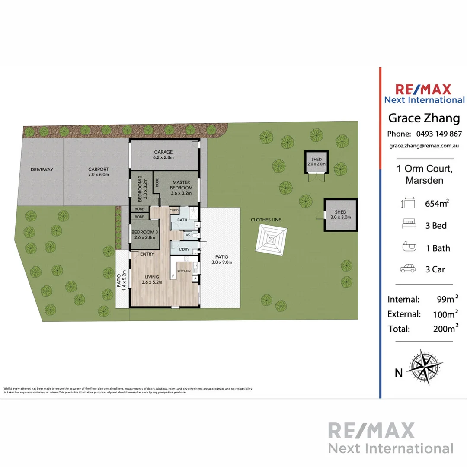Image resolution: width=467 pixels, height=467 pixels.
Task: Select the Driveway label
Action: tap(42, 170)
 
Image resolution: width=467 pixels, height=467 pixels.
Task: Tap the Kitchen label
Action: tap(184, 271)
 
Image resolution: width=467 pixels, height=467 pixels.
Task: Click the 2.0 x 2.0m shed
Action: tap(317, 162)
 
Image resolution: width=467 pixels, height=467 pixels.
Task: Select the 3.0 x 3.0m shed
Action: tap(341, 214)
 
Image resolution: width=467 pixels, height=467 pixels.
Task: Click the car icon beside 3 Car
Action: tap(408, 269)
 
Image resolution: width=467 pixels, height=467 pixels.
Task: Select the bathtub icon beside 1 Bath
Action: tap(408, 248)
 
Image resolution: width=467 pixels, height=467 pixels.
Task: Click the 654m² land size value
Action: tap(436, 203)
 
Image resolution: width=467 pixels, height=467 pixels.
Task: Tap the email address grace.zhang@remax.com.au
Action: tap(423, 146)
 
